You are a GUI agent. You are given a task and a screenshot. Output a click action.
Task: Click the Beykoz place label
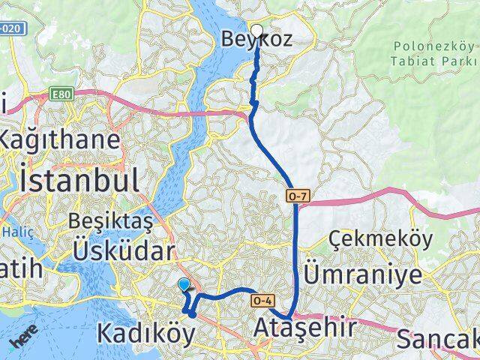pos(256,40)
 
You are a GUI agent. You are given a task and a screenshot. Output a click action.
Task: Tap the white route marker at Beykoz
pos(256,31)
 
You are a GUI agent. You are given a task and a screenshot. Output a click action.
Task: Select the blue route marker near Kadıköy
pos(184,284)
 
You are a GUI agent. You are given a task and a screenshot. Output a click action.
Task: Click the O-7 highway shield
pos(297,196)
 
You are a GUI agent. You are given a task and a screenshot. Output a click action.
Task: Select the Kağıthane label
pos(60,140)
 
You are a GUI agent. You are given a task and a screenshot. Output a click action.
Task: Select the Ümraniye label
pos(362,275)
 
